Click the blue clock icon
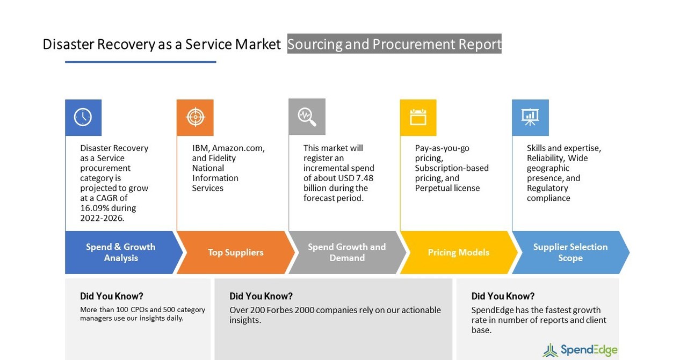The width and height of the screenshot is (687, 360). pos(83,117)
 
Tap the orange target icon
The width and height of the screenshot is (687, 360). pos(195,117)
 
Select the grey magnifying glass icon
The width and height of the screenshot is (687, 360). pos(307,117)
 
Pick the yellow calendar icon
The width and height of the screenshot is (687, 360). pos(418,117)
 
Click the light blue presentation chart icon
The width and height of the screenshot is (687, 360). pos(530,117)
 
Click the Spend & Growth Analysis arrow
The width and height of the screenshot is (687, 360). pos(121,253)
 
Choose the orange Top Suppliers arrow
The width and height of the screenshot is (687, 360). pos(235,253)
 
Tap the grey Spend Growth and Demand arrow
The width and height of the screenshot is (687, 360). pos(347,253)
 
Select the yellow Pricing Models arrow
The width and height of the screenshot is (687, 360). pos(458,253)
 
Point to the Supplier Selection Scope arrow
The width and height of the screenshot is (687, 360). pos(570,253)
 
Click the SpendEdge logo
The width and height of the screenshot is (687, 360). pos(580,350)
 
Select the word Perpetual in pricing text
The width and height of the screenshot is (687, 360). pos(433,188)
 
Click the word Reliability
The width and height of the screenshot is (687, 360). pos(545,158)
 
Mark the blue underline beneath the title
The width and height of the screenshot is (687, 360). pos(140,62)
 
